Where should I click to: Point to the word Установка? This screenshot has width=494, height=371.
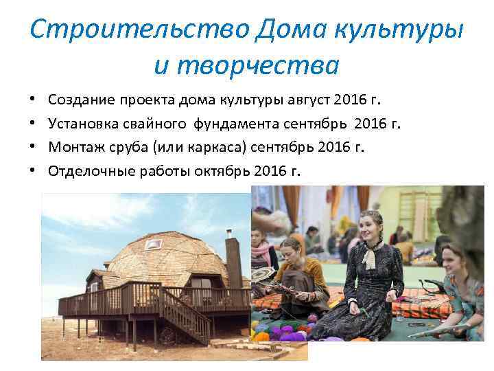[x=84, y=124]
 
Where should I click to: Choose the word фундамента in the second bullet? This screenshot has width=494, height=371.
[x=237, y=124]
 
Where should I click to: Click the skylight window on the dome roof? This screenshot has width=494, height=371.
[x=154, y=244]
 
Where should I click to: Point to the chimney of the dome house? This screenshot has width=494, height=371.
[x=233, y=261]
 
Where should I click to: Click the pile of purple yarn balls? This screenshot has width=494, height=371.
[x=288, y=333]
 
